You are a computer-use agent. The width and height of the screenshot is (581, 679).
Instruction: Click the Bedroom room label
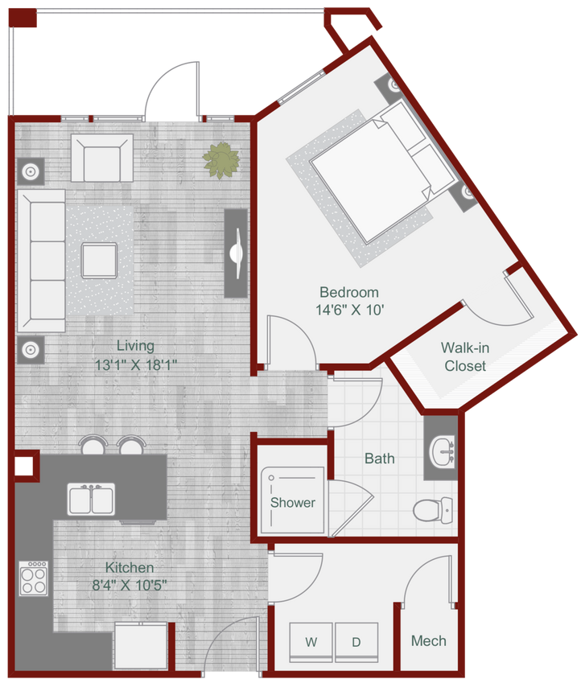click(348, 292)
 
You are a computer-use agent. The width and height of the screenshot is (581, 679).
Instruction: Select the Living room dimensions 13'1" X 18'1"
click(135, 364)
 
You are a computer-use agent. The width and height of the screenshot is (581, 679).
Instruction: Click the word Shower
click(292, 503)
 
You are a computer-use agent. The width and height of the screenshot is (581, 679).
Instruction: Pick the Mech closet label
click(428, 641)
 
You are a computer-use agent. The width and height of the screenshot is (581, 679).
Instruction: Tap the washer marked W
click(310, 642)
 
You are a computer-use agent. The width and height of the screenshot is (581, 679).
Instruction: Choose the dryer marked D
click(356, 642)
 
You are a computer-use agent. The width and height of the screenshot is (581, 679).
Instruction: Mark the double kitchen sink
click(91, 500)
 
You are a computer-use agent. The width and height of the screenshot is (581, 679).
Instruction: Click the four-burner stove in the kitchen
click(34, 578)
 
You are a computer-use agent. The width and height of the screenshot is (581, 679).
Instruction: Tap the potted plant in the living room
click(220, 159)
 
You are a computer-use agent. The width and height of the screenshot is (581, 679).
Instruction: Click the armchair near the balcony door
click(101, 158)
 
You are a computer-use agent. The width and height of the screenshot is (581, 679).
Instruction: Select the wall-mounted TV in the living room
click(236, 253)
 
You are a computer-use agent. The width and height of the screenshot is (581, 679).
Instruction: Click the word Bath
click(380, 459)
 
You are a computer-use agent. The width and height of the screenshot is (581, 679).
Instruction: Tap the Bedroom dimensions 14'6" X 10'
click(348, 310)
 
